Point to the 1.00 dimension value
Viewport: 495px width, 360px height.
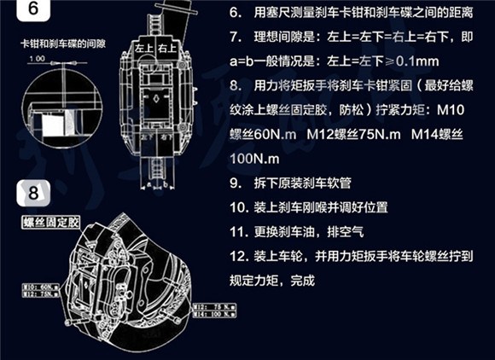(x=35, y=59)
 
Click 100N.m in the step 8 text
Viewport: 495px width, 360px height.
(x=253, y=159)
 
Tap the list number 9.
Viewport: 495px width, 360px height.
(x=236, y=183)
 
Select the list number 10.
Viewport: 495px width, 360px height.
(x=238, y=207)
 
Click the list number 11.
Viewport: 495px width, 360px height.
(x=238, y=231)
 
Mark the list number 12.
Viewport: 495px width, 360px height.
(x=238, y=255)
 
